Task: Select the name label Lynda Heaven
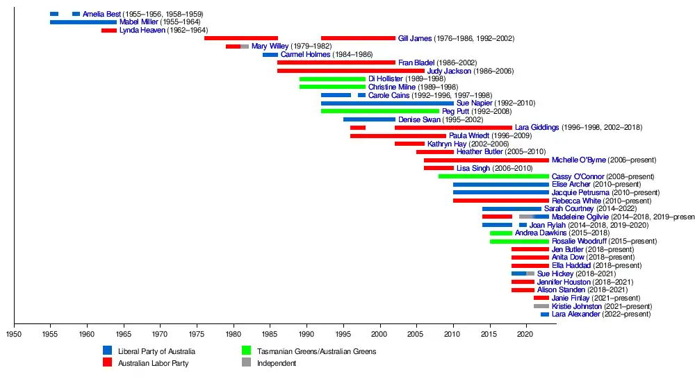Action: tap(142, 31)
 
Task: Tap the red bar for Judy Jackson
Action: tap(350, 71)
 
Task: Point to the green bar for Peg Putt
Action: tap(379, 111)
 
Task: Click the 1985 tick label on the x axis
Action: tap(270, 334)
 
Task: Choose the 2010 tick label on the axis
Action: tap(453, 334)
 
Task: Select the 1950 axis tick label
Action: tap(14, 334)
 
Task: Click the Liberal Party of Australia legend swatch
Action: tap(108, 351)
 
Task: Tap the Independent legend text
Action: tap(276, 363)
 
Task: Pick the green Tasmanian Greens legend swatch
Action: tap(246, 351)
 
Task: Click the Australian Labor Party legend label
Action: tap(153, 363)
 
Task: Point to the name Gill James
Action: tap(415, 38)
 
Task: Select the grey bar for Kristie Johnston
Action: tap(541, 306)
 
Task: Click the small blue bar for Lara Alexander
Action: tap(545, 314)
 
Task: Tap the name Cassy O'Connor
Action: tap(578, 176)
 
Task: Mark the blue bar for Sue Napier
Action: tap(387, 103)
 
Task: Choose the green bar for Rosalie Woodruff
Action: tap(519, 242)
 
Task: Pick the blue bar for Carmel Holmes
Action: tap(270, 55)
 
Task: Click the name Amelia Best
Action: tap(101, 14)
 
